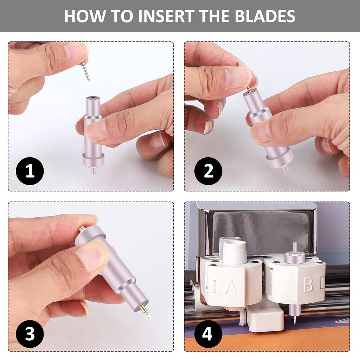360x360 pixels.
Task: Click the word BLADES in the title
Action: (x=265, y=16)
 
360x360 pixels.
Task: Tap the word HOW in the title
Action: (x=84, y=16)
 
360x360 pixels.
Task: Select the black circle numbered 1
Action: (x=30, y=171)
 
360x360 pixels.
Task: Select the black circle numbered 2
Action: (x=208, y=171)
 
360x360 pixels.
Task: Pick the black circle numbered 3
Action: (x=30, y=334)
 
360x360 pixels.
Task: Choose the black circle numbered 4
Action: (x=208, y=334)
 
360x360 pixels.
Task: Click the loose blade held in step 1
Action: (x=86, y=71)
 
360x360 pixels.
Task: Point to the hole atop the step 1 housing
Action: (x=93, y=98)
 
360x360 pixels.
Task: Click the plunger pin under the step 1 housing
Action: (x=93, y=171)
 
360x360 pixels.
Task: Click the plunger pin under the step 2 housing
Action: (x=285, y=170)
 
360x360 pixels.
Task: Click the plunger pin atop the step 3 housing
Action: (x=81, y=229)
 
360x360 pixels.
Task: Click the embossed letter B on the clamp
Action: (x=308, y=285)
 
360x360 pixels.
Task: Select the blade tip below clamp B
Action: (x=294, y=320)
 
